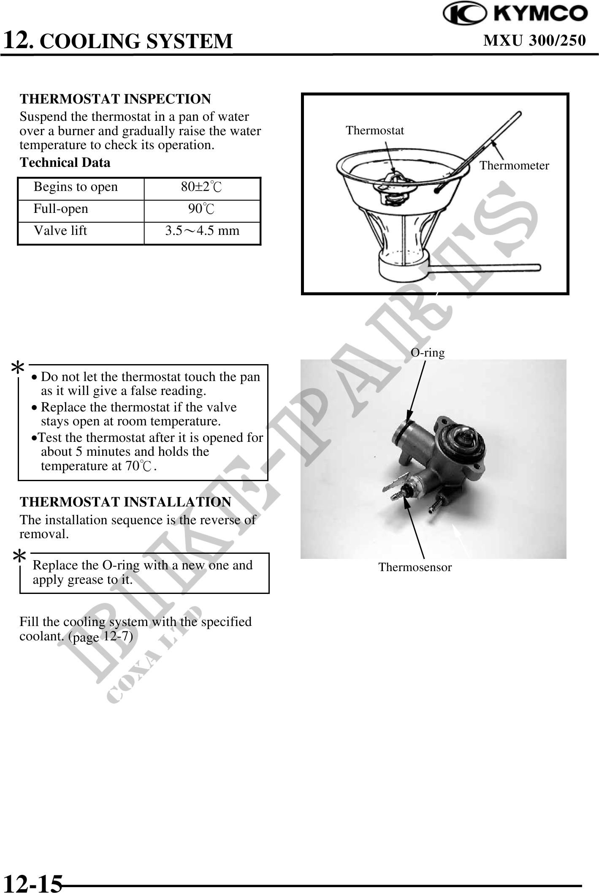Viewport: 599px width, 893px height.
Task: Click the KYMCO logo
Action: [515, 14]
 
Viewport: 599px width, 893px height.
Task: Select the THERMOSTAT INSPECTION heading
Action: [115, 99]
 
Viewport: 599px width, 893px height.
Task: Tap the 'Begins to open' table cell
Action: [76, 187]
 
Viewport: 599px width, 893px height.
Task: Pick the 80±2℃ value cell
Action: [201, 187]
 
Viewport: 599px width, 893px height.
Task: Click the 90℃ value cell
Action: [201, 209]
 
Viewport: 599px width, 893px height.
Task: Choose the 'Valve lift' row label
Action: [60, 231]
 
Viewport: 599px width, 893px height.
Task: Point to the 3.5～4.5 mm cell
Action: [202, 231]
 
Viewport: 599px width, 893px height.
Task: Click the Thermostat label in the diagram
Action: [374, 131]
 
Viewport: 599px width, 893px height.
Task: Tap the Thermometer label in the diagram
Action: [514, 166]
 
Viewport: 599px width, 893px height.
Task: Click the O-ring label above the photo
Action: [428, 353]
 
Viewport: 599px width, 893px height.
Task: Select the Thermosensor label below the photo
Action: [415, 567]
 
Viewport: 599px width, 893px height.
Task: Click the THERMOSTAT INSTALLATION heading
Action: [125, 502]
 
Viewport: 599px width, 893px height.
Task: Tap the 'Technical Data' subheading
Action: [65, 163]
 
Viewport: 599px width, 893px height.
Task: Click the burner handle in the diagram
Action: [485, 267]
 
